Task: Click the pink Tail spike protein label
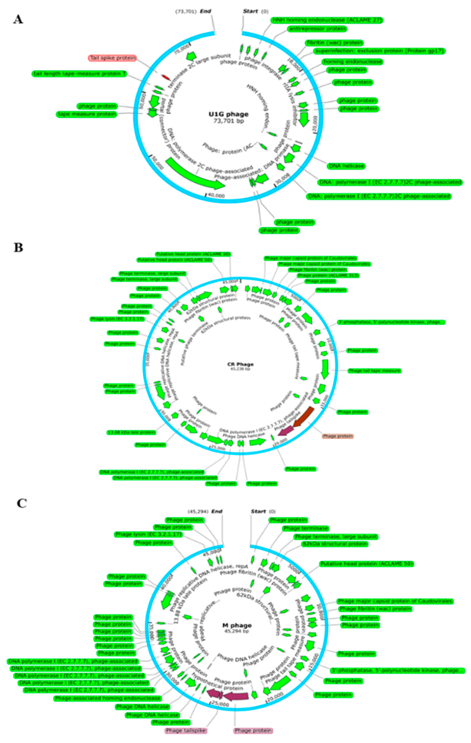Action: point(113,58)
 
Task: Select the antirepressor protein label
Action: point(317,29)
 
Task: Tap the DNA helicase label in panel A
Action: point(346,166)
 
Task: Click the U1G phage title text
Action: point(228,114)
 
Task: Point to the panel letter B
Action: point(18,248)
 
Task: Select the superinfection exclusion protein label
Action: point(379,51)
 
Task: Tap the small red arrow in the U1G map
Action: point(166,77)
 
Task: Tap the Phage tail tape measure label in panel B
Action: point(374,371)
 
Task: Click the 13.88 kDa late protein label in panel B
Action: point(131,432)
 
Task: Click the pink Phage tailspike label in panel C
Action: point(186,730)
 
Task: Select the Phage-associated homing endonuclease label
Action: point(107,698)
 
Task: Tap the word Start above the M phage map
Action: point(258,511)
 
